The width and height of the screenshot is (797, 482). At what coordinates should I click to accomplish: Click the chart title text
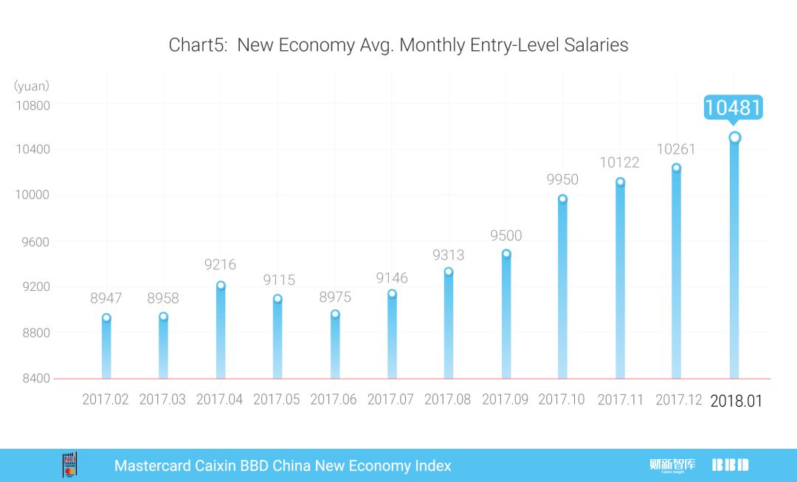[x=398, y=45]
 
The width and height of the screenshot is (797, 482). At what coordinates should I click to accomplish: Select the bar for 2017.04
[x=221, y=332]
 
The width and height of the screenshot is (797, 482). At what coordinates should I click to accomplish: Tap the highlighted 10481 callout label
[x=732, y=108]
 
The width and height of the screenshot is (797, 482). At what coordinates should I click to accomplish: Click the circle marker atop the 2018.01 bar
[x=734, y=137]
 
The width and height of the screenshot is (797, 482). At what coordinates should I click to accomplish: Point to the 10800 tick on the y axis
[x=32, y=106]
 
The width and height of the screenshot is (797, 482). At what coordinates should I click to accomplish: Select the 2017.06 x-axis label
[x=334, y=399]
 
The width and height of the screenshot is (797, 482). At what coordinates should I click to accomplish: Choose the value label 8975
[x=335, y=297]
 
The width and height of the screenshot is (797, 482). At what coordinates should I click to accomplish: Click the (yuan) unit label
[x=31, y=86]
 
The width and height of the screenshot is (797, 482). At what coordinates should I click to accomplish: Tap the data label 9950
[x=562, y=179]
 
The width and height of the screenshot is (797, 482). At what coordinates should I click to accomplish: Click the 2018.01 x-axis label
[x=736, y=401]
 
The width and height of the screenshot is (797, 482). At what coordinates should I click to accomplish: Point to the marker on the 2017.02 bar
[x=106, y=318]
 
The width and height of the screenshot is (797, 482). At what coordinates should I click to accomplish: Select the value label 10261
[x=676, y=149]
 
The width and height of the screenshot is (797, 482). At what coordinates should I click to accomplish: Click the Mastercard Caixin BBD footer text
[x=283, y=466]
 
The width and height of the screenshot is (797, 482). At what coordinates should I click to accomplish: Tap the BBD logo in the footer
[x=730, y=465]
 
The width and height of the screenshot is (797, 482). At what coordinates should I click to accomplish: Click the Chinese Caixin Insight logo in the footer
[x=672, y=465]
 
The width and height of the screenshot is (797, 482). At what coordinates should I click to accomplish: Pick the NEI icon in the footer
[x=70, y=465]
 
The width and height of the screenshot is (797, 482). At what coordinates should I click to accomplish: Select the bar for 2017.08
[x=449, y=325]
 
